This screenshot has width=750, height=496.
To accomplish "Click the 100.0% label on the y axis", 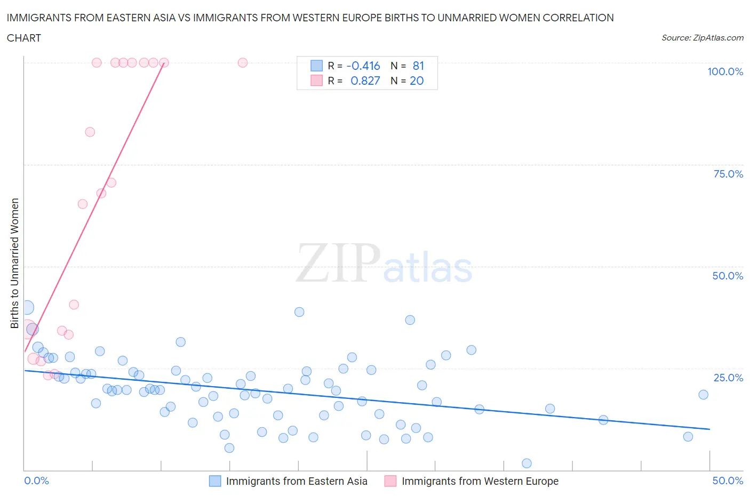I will click(725, 71).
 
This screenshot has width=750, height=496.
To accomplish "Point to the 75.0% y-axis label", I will click(728, 174).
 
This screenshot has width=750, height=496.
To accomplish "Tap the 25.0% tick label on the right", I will click(728, 378).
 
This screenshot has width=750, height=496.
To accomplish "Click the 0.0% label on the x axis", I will click(36, 481).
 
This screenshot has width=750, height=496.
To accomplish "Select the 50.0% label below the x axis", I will click(728, 481).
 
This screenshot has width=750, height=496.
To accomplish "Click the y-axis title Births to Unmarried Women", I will click(14, 263).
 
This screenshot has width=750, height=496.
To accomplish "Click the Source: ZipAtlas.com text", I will click(702, 37).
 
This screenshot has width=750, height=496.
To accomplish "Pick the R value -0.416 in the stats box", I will click(363, 66).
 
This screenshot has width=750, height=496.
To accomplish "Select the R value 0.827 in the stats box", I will click(365, 81).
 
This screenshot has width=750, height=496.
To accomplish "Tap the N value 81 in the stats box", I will click(418, 66).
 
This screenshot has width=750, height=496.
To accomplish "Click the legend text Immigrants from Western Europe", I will click(480, 481).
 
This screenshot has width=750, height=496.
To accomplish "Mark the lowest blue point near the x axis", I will click(526, 463).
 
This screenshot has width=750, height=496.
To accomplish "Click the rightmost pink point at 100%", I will click(243, 62).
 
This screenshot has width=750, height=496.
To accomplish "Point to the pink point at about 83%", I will click(90, 132).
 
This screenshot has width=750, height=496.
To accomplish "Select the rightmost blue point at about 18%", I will click(703, 395).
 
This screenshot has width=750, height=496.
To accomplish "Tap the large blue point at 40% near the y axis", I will click(27, 307).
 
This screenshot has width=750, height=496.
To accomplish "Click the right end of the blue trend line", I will click(709, 429).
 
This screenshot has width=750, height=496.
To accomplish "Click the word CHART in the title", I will click(24, 38).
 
